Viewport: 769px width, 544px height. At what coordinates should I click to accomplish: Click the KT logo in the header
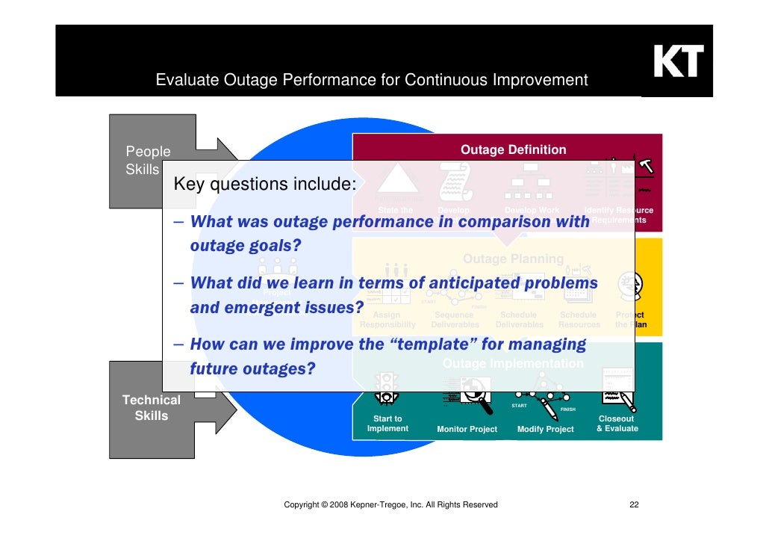coord(678,63)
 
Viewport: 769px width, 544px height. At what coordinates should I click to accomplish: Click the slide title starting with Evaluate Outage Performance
coord(372,80)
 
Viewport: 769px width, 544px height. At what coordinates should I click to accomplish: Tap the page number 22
coord(634,505)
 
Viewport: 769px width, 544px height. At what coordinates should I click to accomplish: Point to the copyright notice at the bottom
coord(390,505)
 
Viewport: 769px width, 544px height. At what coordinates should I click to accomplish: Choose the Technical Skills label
coord(151,408)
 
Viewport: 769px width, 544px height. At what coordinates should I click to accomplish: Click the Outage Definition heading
coord(513,150)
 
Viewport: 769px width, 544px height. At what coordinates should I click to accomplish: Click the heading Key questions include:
coord(264,184)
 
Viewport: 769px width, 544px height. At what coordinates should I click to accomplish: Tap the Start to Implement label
coord(387,424)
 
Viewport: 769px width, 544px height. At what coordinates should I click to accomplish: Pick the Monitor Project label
coord(467,429)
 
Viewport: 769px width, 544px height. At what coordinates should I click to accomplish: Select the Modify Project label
coord(545,429)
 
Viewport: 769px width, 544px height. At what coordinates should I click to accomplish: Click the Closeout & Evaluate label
coord(617,424)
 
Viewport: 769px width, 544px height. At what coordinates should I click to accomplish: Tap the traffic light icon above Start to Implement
coord(386,386)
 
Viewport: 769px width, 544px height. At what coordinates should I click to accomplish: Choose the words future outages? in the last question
coord(252,368)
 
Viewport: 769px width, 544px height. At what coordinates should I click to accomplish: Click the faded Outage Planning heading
coord(513,259)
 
